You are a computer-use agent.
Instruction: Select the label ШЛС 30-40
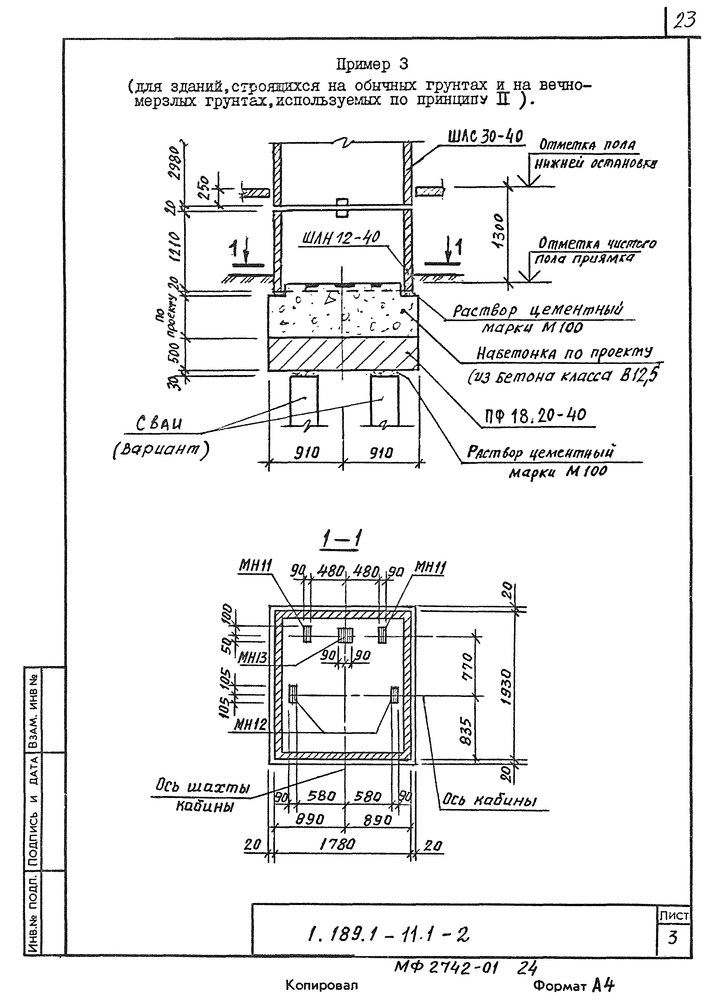(486, 137)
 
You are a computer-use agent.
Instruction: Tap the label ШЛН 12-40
(341, 238)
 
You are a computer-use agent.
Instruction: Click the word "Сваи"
(159, 424)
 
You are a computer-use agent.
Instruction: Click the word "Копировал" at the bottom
(321, 985)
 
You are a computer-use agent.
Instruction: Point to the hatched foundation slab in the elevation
(343, 354)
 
